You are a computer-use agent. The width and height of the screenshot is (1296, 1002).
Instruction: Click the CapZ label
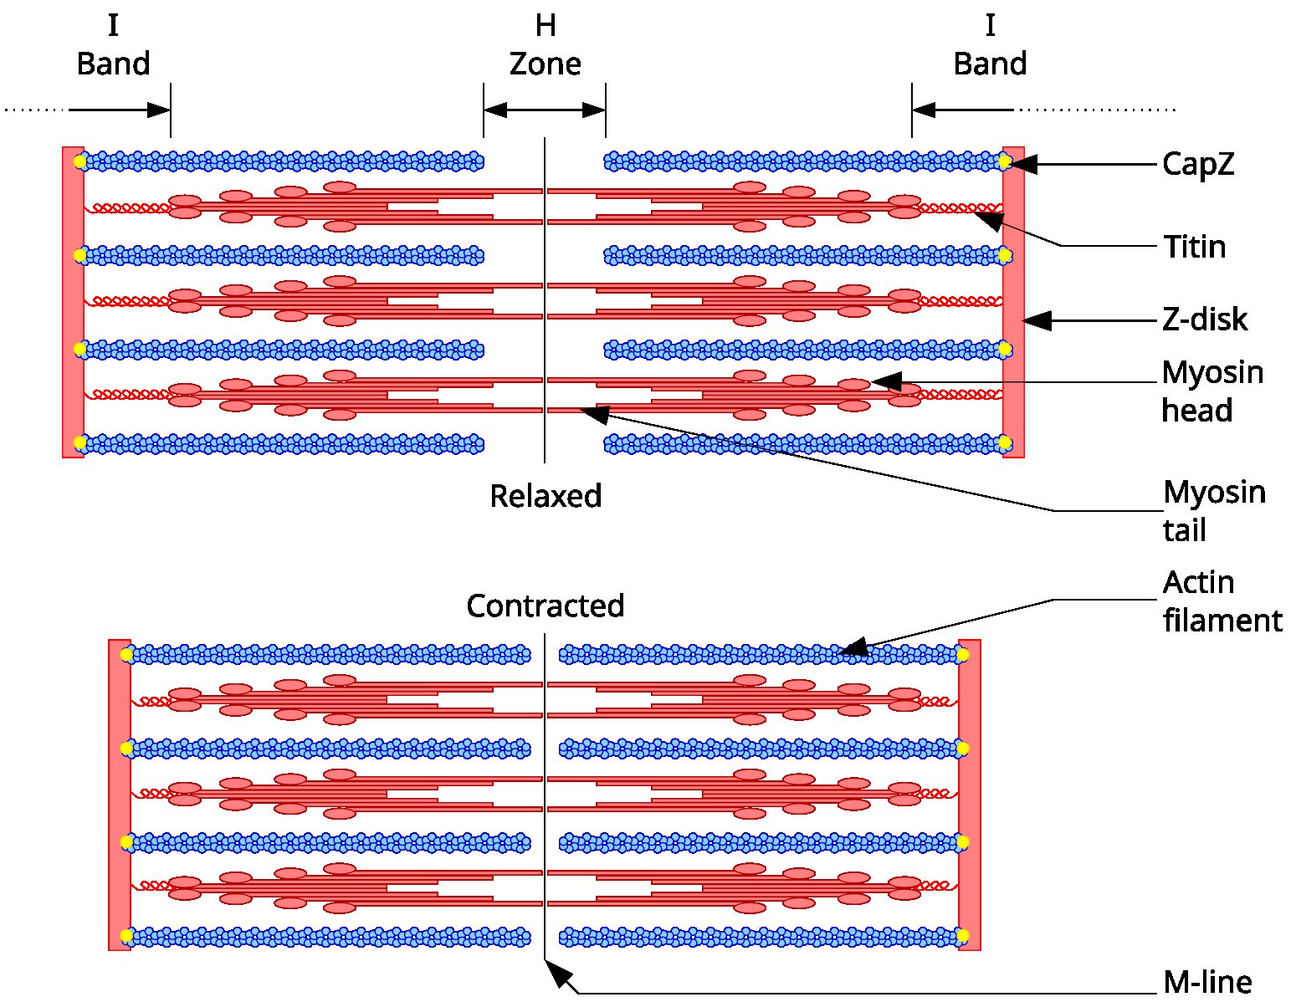point(1197,165)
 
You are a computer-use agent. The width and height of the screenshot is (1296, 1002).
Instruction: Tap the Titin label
point(1195,247)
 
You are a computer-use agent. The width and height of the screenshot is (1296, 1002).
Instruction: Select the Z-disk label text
point(1205,320)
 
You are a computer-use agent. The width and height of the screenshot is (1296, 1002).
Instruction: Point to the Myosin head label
point(1212,391)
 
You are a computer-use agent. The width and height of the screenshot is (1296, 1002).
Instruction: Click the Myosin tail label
point(1214,511)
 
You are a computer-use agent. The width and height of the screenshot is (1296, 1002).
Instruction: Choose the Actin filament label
point(1222,601)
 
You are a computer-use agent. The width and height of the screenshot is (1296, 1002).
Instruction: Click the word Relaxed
point(546,496)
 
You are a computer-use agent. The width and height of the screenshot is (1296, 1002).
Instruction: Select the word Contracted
point(546,606)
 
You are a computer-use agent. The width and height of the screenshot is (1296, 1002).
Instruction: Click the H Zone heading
point(546,44)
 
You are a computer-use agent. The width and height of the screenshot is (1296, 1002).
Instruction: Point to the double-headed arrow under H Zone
point(545,110)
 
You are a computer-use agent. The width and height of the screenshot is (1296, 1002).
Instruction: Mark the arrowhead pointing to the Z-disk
point(1037,320)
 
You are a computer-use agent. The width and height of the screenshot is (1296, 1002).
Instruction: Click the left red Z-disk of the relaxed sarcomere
point(74,302)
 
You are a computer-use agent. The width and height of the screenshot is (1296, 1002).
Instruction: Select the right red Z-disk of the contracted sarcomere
point(969,795)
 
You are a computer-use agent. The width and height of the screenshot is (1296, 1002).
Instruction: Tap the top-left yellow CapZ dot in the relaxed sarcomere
point(80,161)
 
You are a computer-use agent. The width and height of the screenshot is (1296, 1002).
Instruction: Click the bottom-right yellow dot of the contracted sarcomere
point(963,936)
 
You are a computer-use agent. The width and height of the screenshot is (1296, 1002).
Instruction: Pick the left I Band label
point(113,44)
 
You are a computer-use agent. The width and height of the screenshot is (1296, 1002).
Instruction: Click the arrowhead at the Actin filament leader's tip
point(853,647)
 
